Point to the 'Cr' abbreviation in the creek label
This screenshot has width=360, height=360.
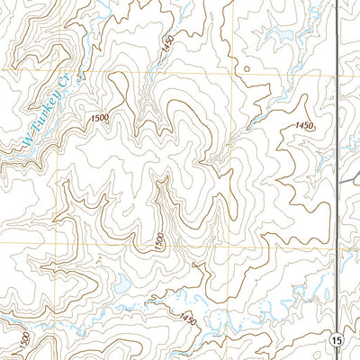pyautogui.click(x=64, y=83)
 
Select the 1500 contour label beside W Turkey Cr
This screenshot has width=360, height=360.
pyautogui.click(x=101, y=117)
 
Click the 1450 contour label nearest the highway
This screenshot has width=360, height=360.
pyautogui.click(x=303, y=126)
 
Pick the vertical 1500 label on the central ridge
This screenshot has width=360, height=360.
pyautogui.click(x=159, y=241)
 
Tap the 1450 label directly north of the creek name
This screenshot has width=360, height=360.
pyautogui.click(x=166, y=45)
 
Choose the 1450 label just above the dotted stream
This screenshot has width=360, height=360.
pyautogui.click(x=187, y=319)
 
